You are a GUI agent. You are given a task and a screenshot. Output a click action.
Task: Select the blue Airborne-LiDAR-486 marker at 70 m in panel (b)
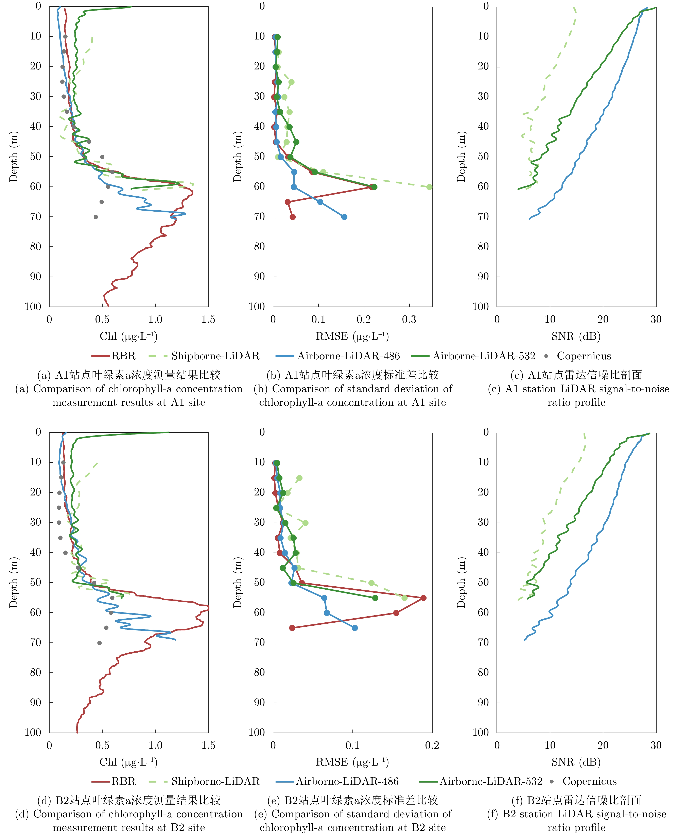tap(344, 217)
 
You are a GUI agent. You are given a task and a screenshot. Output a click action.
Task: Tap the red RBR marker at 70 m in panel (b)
tap(293, 217)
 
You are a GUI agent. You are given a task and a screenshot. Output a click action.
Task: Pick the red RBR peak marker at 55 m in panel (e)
tap(423, 598)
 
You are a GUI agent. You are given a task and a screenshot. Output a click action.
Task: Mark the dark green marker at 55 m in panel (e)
tap(375, 598)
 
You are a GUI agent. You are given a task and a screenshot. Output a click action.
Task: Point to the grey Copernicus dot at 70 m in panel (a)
tap(96, 217)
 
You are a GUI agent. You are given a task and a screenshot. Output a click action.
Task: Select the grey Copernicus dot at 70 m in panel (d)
tap(99, 643)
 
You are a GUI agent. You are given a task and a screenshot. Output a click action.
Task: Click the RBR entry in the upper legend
tap(123, 356)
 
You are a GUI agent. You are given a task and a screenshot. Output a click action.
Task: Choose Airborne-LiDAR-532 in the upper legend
tap(484, 356)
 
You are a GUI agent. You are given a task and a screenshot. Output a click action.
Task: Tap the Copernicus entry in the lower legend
tap(589, 781)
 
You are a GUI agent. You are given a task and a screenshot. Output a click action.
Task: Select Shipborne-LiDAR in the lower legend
tap(215, 781)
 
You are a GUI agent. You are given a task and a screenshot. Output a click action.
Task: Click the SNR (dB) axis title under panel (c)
tap(576, 336)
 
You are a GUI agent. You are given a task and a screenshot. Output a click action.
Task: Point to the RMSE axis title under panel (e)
tap(352, 762)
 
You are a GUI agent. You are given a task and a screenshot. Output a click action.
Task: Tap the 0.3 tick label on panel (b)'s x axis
tap(409, 320)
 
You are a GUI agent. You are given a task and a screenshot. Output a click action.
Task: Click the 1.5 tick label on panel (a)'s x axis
tap(208, 320)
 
